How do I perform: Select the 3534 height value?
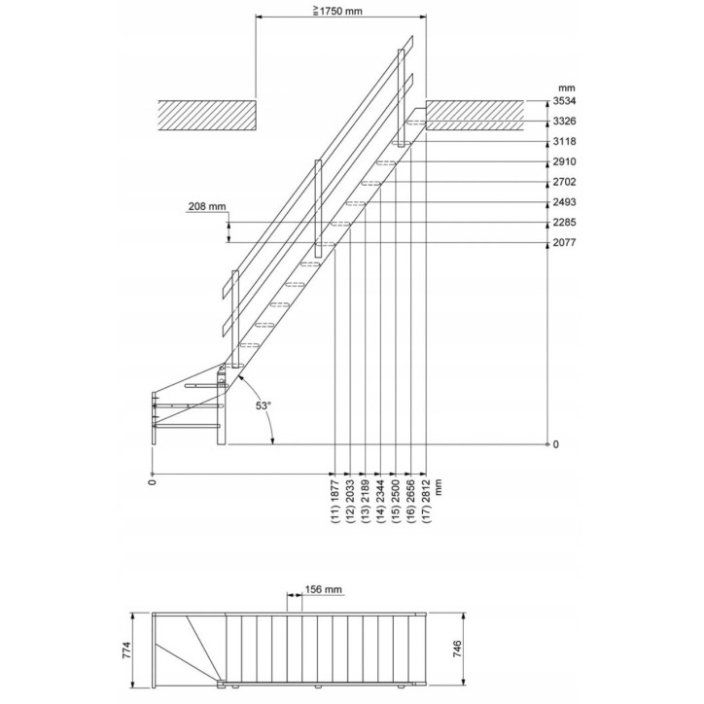coord(564,100)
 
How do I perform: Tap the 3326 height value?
coord(564,121)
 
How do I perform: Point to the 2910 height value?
coord(564,161)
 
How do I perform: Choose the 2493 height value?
coord(564,202)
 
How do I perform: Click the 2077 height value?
coord(564,243)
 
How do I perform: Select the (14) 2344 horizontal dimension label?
coord(380,502)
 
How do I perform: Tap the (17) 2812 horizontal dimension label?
coord(426,502)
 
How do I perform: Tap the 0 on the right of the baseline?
coord(555,444)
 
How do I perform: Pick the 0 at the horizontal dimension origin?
coord(153,481)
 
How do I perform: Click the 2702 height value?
coord(564,182)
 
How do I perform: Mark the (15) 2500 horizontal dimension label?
coord(396,502)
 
